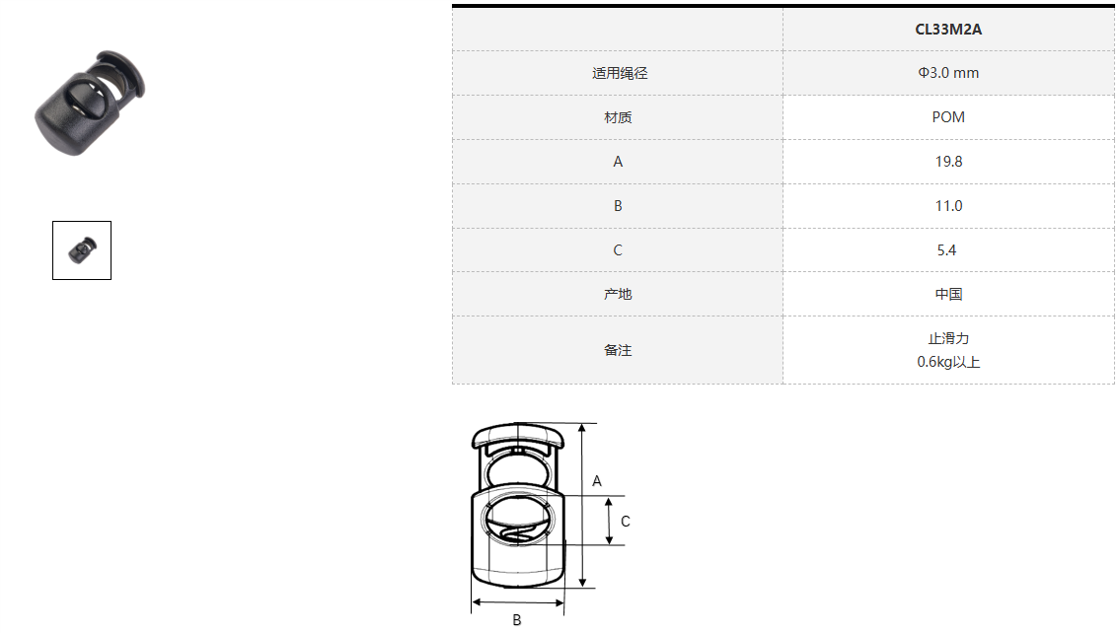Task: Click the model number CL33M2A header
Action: (x=948, y=30)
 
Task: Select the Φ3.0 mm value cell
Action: (x=948, y=73)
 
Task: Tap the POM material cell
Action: (x=948, y=117)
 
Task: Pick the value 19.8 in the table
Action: (x=948, y=162)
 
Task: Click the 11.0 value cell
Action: (x=948, y=206)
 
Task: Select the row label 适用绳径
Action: (x=620, y=73)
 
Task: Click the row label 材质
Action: (x=618, y=117)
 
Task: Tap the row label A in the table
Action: (x=618, y=162)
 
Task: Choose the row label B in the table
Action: (x=618, y=206)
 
